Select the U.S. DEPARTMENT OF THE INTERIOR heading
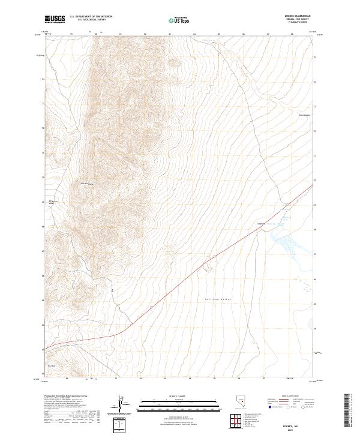[91, 17]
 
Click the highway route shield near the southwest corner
[77, 341]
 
